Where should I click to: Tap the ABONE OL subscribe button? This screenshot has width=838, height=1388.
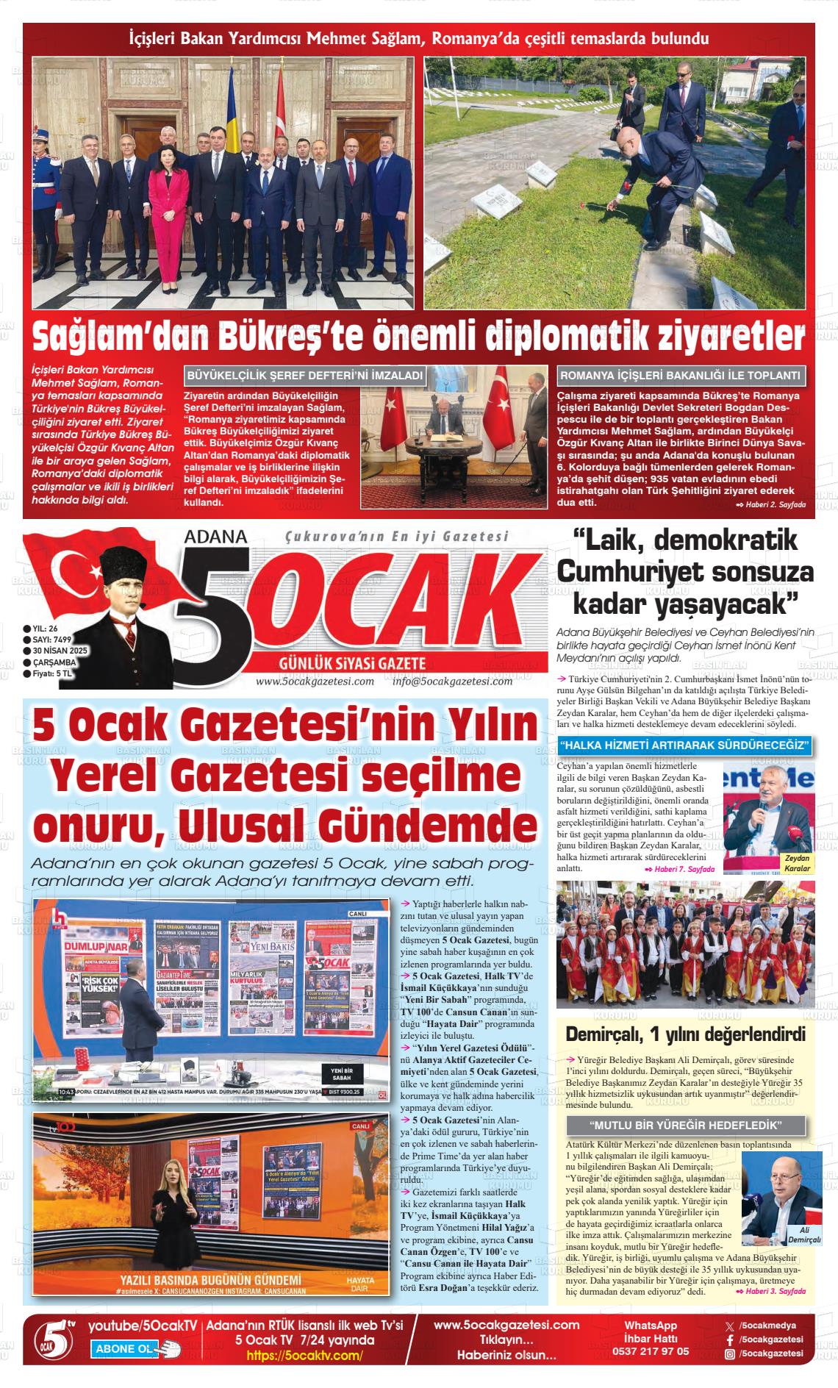coord(125,1349)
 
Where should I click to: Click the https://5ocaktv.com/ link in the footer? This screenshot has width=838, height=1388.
coord(304,1356)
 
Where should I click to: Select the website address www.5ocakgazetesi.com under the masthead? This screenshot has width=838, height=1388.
coord(315,681)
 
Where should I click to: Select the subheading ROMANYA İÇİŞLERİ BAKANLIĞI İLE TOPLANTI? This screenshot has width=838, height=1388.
coord(680,376)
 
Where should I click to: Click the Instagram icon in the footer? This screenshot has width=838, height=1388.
coord(730,1353)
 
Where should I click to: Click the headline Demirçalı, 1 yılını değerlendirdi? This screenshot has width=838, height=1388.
coord(685,1034)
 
